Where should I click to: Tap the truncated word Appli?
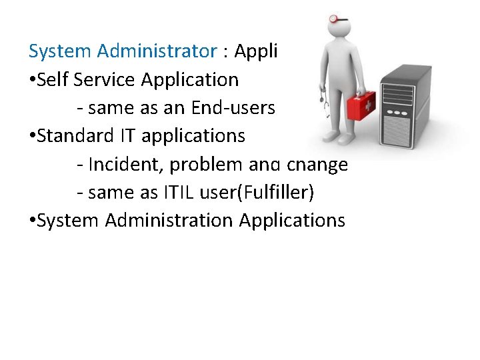click(255, 51)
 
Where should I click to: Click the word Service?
click(106, 79)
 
